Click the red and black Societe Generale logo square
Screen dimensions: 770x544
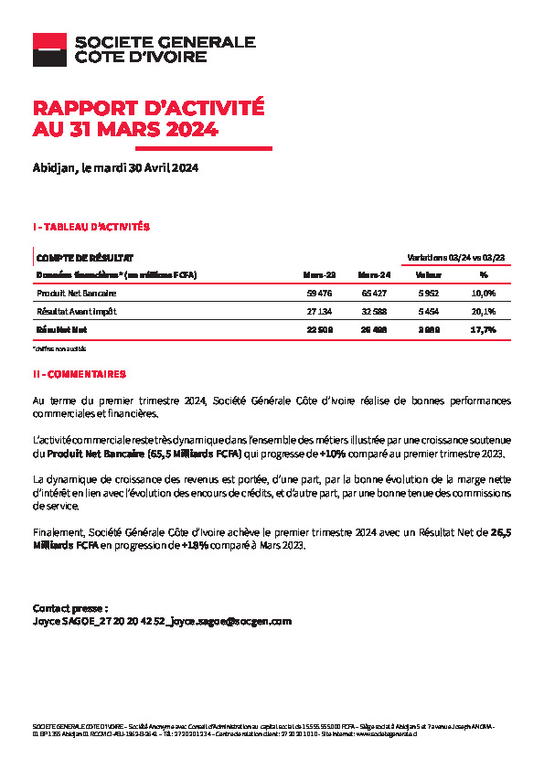tap(49, 49)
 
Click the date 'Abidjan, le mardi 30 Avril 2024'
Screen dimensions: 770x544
tap(115, 168)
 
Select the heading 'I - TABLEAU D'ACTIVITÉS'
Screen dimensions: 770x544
tap(91, 226)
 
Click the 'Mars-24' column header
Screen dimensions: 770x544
tap(374, 274)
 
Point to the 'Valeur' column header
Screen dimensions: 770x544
tap(428, 274)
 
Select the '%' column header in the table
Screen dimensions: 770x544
tap(483, 274)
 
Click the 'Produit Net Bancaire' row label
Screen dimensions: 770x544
tap(77, 294)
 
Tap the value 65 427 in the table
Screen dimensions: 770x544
tap(375, 294)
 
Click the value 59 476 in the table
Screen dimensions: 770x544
tap(320, 294)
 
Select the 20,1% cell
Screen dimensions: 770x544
tap(482, 312)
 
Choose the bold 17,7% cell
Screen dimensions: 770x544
tap(482, 329)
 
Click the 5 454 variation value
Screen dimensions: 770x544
tap(428, 312)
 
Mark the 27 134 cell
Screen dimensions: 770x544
tap(320, 312)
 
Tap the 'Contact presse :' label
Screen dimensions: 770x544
tap(70, 607)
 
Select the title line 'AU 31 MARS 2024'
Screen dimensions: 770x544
tap(125, 130)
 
